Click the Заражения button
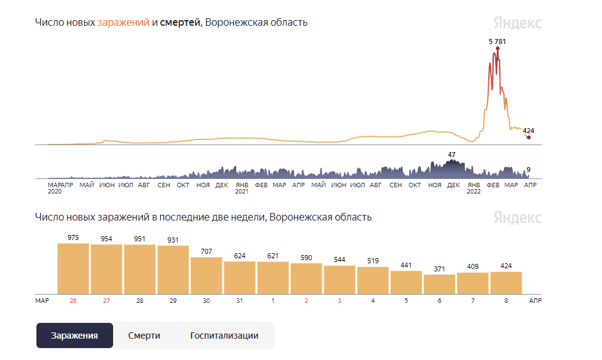pyautogui.click(x=74, y=335)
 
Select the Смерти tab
pyautogui.click(x=144, y=335)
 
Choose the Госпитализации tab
pyautogui.click(x=224, y=335)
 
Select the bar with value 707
pyautogui.click(x=206, y=275)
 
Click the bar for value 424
pyautogui.click(x=506, y=282)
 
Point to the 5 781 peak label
pyautogui.click(x=497, y=41)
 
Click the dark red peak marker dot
pyautogui.click(x=497, y=48)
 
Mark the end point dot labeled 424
pyautogui.click(x=528, y=138)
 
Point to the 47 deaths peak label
pyautogui.click(x=451, y=155)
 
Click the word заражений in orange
pyautogui.click(x=123, y=23)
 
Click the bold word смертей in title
pyautogui.click(x=180, y=23)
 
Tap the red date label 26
pyautogui.click(x=73, y=301)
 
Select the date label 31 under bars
pyautogui.click(x=239, y=301)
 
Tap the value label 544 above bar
pyautogui.click(x=339, y=259)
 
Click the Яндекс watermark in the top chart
pyautogui.click(x=517, y=23)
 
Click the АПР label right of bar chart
pyautogui.click(x=535, y=301)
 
